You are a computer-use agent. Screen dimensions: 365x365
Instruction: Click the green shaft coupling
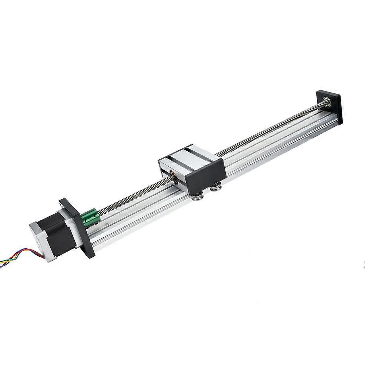[90, 217]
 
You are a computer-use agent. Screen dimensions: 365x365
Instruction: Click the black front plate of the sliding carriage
[205, 173]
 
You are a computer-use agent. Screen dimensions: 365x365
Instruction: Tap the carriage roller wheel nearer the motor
[198, 197]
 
